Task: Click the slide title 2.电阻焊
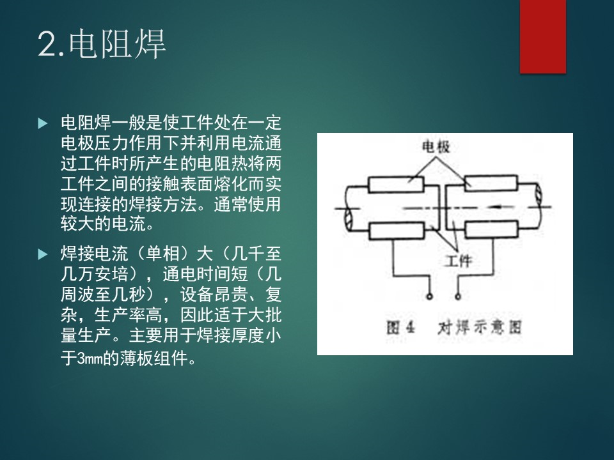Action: click(x=102, y=43)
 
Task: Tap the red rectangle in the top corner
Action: click(x=543, y=36)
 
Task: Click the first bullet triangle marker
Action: click(x=43, y=123)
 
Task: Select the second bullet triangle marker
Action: click(x=43, y=255)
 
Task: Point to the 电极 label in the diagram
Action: click(x=436, y=147)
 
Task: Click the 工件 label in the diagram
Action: click(x=459, y=261)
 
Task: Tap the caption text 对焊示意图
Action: click(x=479, y=327)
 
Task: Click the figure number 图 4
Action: click(x=400, y=327)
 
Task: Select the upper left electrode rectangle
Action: click(x=396, y=184)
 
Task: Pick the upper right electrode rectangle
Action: click(x=491, y=183)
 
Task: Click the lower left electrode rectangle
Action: click(x=397, y=231)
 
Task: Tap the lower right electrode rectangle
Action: click(x=491, y=229)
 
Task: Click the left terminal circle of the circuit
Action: click(x=430, y=296)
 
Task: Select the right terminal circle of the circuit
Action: click(x=458, y=296)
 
